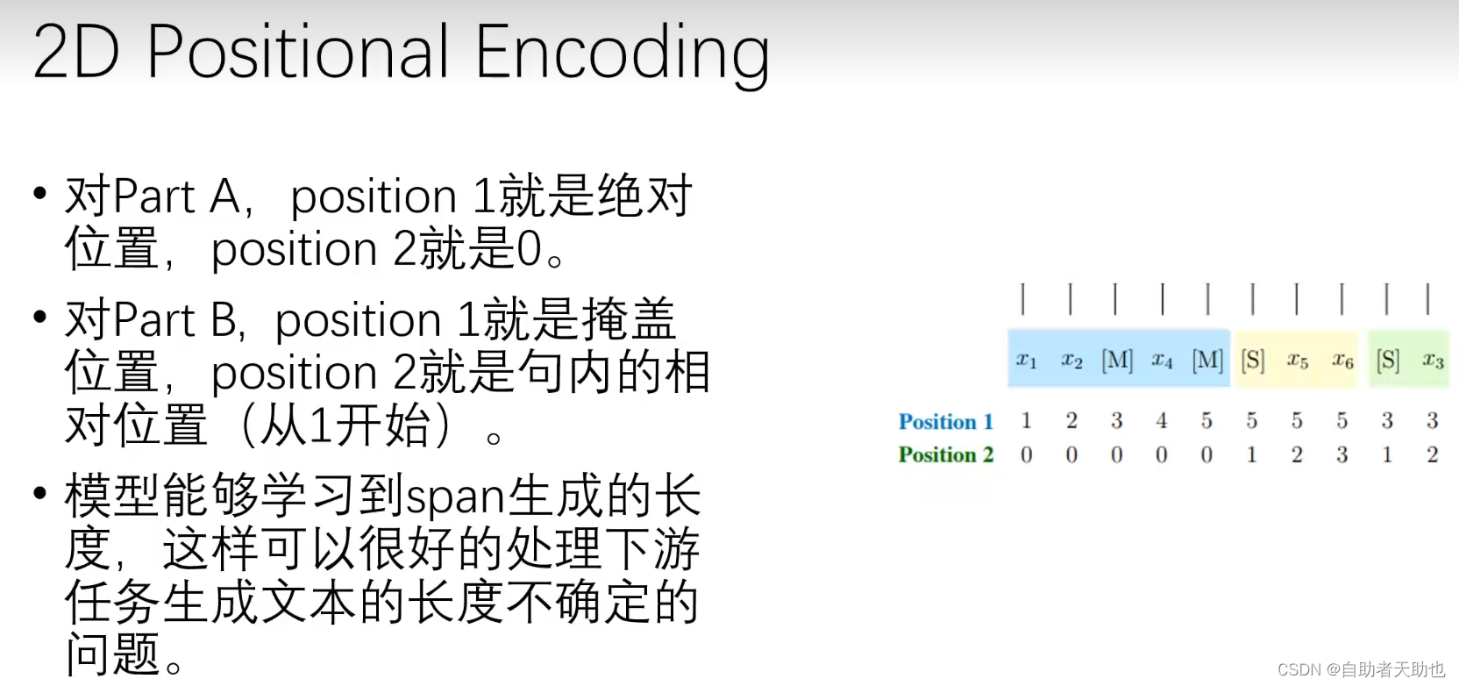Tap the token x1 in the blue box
coord(1026,360)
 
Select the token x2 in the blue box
coord(1071,360)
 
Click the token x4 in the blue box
coord(1162,360)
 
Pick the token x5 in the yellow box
coord(1297,361)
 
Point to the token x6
coord(1342,361)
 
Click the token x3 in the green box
coord(1433,361)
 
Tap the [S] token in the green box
coord(1387,361)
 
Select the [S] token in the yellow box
coord(1252,361)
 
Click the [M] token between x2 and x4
coord(1117,361)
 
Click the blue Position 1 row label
coord(945,422)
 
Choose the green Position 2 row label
coord(945,454)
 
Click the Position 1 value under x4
coord(1162,421)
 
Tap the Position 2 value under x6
coord(1342,454)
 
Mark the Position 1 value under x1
coord(1026,421)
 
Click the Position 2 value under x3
coord(1433,454)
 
